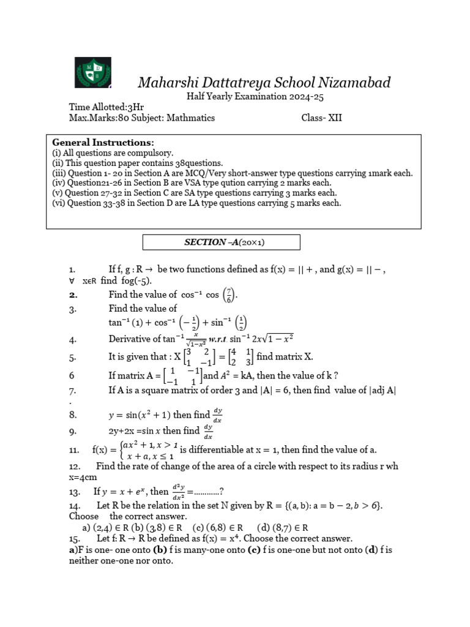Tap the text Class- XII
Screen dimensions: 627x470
pyautogui.click(x=321, y=118)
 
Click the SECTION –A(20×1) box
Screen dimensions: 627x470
pyautogui.click(x=222, y=242)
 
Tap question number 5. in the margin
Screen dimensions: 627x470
pyautogui.click(x=73, y=358)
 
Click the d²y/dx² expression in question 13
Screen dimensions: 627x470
pyautogui.click(x=178, y=491)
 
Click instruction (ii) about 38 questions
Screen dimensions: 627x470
pyautogui.click(x=138, y=163)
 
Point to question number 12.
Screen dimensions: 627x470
pyautogui.click(x=75, y=467)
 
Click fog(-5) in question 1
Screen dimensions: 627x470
pyautogui.click(x=135, y=280)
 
